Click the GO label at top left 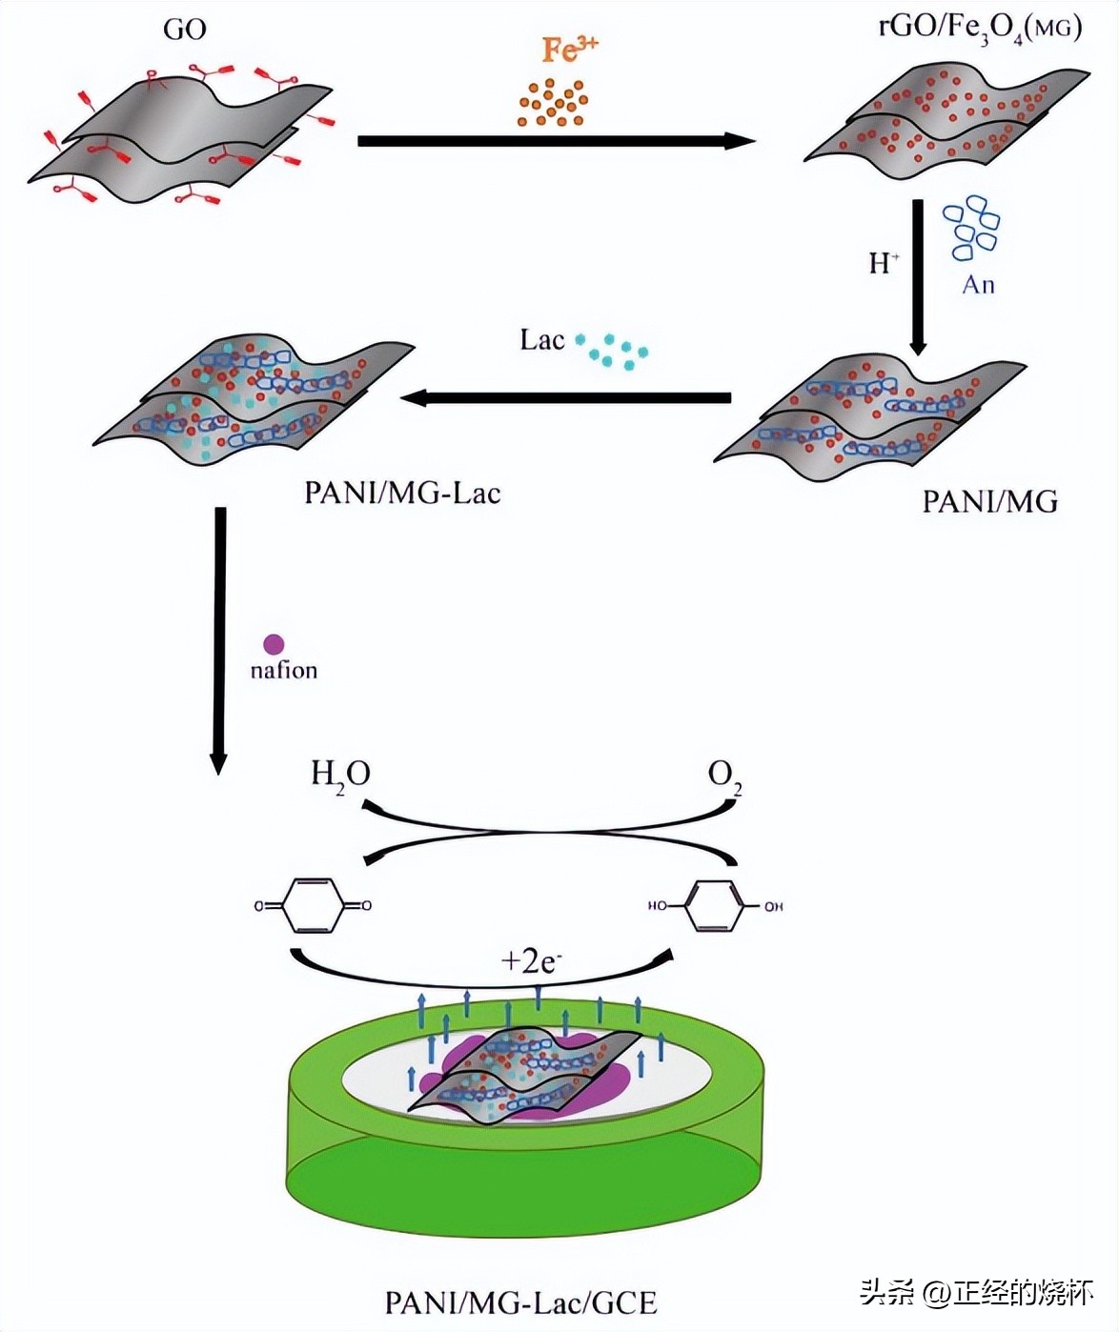tap(184, 30)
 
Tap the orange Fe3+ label tap(569, 49)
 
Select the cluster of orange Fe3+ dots tap(553, 103)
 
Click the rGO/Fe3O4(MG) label tap(980, 28)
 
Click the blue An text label tap(978, 285)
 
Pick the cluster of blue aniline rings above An tap(970, 228)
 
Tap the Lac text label tap(541, 340)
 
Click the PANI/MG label tap(989, 502)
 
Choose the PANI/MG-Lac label tap(402, 493)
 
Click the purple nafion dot tap(274, 645)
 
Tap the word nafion tap(283, 671)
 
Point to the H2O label tap(340, 774)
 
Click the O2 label tap(724, 775)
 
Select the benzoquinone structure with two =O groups tap(313, 905)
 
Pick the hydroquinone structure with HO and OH tap(715, 906)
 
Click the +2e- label tap(531, 960)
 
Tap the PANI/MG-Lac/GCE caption tap(520, 1302)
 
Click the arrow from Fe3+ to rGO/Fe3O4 tap(556, 141)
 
